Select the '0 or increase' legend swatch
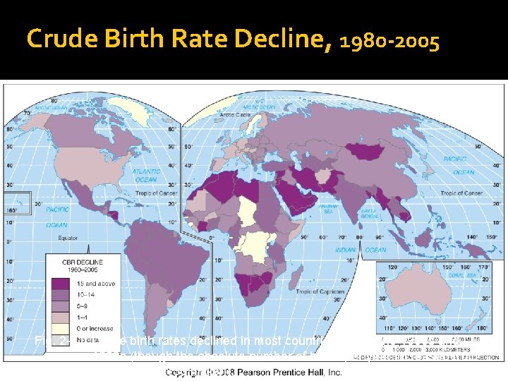click(59, 327)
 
